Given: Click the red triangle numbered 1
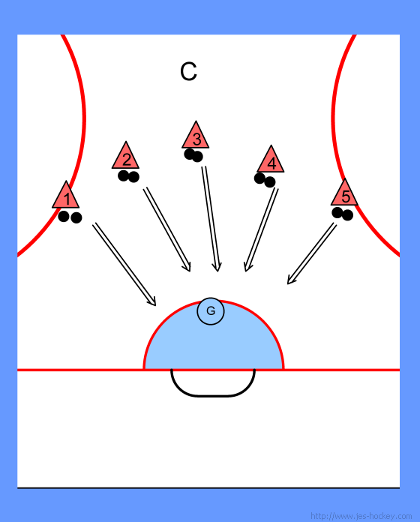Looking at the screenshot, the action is point(66,196).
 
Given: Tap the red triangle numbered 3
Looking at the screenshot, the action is point(196,136).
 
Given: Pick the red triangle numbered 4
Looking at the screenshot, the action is point(271,160).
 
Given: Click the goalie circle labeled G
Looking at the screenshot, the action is point(211,311).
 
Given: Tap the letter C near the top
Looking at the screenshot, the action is point(188,71).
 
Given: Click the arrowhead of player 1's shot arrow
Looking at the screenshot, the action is point(152,301).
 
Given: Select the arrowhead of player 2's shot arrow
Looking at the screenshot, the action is point(187,267).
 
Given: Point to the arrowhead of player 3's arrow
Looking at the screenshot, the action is point(217,267).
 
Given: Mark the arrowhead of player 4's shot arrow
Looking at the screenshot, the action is point(247,267).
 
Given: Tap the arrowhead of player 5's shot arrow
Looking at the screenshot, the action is point(290,280).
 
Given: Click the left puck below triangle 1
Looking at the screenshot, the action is point(64,217).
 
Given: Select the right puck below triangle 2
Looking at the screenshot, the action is point(133,177).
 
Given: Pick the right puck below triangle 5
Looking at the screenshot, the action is point(347,215).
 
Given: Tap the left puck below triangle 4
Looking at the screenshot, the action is point(259,178).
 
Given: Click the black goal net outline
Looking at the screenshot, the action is point(212,395).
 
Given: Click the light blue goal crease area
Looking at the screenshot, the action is point(213,346).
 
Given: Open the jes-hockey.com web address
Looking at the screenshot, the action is point(361,516).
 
